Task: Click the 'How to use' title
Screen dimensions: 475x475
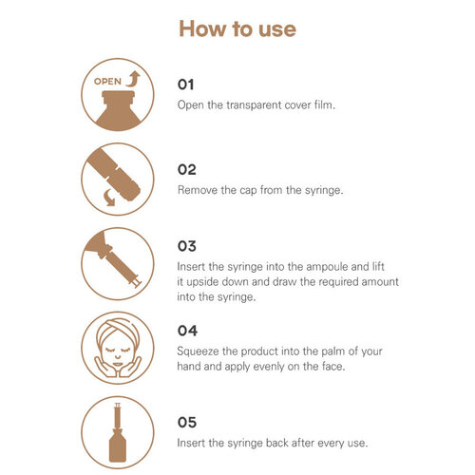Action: tap(237, 28)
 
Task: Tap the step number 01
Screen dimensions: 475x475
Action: tap(185, 85)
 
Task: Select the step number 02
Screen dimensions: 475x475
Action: tap(187, 169)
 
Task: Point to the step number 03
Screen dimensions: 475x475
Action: tap(187, 246)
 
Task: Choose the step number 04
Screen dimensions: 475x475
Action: tap(187, 331)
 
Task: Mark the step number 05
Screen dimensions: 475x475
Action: tap(187, 423)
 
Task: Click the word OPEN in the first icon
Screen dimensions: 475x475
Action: tap(107, 82)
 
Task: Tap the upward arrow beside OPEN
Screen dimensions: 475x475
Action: tap(133, 79)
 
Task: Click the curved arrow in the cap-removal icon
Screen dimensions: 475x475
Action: tap(109, 198)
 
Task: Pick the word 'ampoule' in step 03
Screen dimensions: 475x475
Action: tap(327, 267)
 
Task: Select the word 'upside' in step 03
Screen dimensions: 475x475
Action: tap(202, 282)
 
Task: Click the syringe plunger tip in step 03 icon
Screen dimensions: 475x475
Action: tap(138, 283)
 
